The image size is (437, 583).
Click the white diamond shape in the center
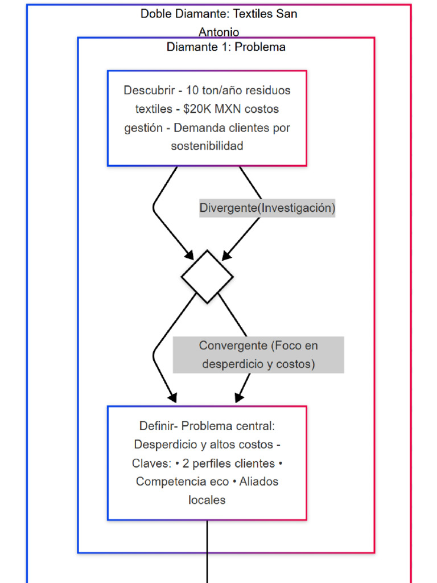(207, 276)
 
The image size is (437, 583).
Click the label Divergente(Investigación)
(267, 208)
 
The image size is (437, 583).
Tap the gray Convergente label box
(258, 355)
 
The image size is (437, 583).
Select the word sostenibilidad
(207, 146)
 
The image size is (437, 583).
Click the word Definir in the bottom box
(155, 426)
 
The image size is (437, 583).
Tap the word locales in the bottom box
(207, 500)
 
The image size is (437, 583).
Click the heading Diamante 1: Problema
(226, 47)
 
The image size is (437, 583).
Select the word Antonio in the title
(218, 32)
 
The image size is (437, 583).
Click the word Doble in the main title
(155, 14)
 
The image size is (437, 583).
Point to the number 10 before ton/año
(192, 91)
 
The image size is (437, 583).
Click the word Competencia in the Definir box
(164, 482)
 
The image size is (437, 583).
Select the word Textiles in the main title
(253, 14)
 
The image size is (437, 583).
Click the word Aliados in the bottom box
(259, 482)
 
